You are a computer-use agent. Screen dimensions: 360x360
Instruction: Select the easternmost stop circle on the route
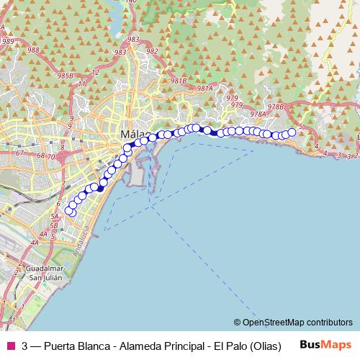point(292,132)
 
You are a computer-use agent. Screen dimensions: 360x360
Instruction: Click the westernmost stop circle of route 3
point(70,210)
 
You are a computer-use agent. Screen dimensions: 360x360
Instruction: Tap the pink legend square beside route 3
point(11,345)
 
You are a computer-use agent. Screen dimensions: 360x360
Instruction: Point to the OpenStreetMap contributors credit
point(297,322)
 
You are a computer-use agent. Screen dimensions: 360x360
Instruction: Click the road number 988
point(32,50)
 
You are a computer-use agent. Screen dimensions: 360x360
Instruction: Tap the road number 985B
point(66,75)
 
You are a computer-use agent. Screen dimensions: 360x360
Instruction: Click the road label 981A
point(205,89)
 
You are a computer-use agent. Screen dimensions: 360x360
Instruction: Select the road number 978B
point(276,107)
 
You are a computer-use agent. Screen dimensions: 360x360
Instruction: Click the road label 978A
point(258,113)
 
